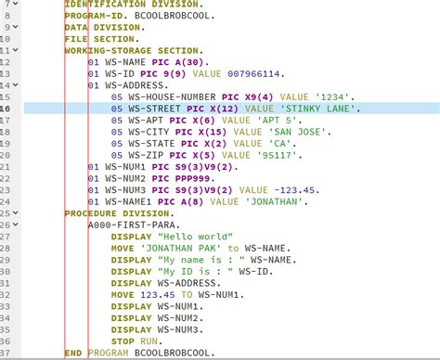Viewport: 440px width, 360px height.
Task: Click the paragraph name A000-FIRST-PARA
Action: (133, 225)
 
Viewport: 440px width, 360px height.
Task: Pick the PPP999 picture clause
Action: (188, 177)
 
